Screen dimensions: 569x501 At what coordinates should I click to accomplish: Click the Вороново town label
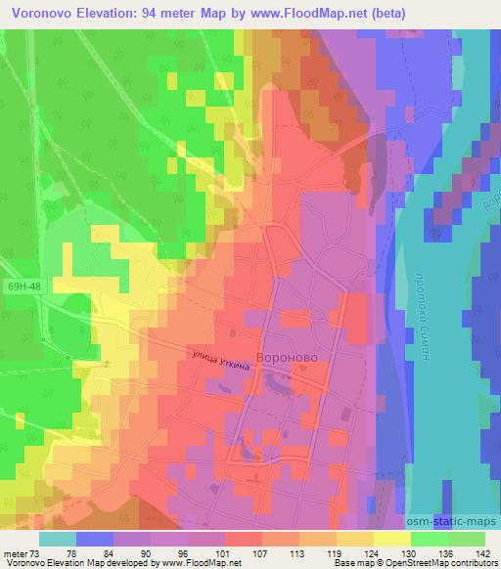[289, 358]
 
